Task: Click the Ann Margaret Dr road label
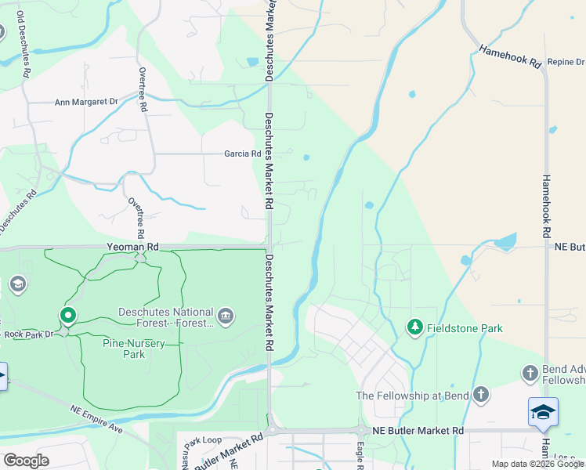click(85, 102)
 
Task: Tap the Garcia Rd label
click(243, 154)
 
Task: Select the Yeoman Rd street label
click(132, 247)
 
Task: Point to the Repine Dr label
click(566, 62)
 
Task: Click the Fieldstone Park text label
click(464, 328)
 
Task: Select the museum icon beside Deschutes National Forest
click(226, 316)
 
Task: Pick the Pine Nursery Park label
click(124, 349)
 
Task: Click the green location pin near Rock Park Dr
click(68, 316)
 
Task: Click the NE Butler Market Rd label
click(418, 431)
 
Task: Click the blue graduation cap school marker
click(543, 411)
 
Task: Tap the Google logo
click(26, 460)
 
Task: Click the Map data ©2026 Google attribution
click(537, 464)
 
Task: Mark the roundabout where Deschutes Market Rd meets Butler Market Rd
click(272, 430)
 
